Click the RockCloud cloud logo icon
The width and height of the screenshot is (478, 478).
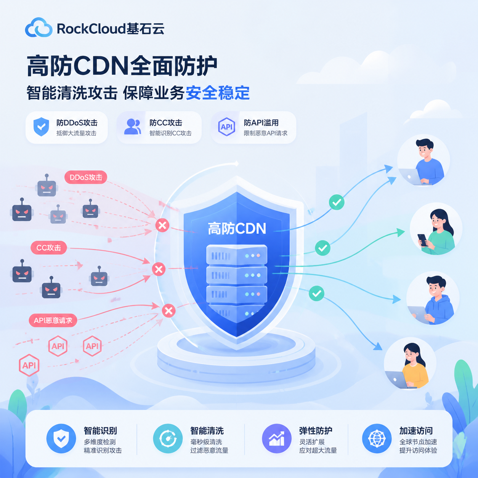(x=39, y=27)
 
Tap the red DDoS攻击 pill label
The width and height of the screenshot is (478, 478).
(x=86, y=177)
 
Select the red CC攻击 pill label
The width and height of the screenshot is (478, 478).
(x=49, y=247)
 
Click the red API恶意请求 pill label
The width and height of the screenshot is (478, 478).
(x=53, y=320)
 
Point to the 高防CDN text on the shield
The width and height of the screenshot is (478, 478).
(x=237, y=228)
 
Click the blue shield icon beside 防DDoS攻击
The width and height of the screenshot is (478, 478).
(x=41, y=127)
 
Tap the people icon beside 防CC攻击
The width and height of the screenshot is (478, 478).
(x=133, y=127)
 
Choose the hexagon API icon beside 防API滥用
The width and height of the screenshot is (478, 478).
(x=226, y=127)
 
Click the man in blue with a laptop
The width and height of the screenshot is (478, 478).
(x=423, y=161)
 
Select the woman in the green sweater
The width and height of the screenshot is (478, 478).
(x=436, y=229)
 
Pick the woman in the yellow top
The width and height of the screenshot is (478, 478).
(x=410, y=363)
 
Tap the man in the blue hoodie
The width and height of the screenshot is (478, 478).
(x=433, y=297)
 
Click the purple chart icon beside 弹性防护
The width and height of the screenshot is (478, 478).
(x=277, y=439)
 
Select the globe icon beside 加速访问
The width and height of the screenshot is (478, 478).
(x=377, y=439)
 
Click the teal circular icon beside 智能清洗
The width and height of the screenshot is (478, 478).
(x=168, y=439)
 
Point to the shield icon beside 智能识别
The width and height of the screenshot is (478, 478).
(x=61, y=439)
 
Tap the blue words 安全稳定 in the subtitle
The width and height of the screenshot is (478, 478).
(x=218, y=93)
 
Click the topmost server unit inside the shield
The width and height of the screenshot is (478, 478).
(x=237, y=255)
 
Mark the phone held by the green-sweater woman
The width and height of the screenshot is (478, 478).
(x=422, y=240)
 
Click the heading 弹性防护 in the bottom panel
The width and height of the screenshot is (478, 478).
(x=316, y=431)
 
